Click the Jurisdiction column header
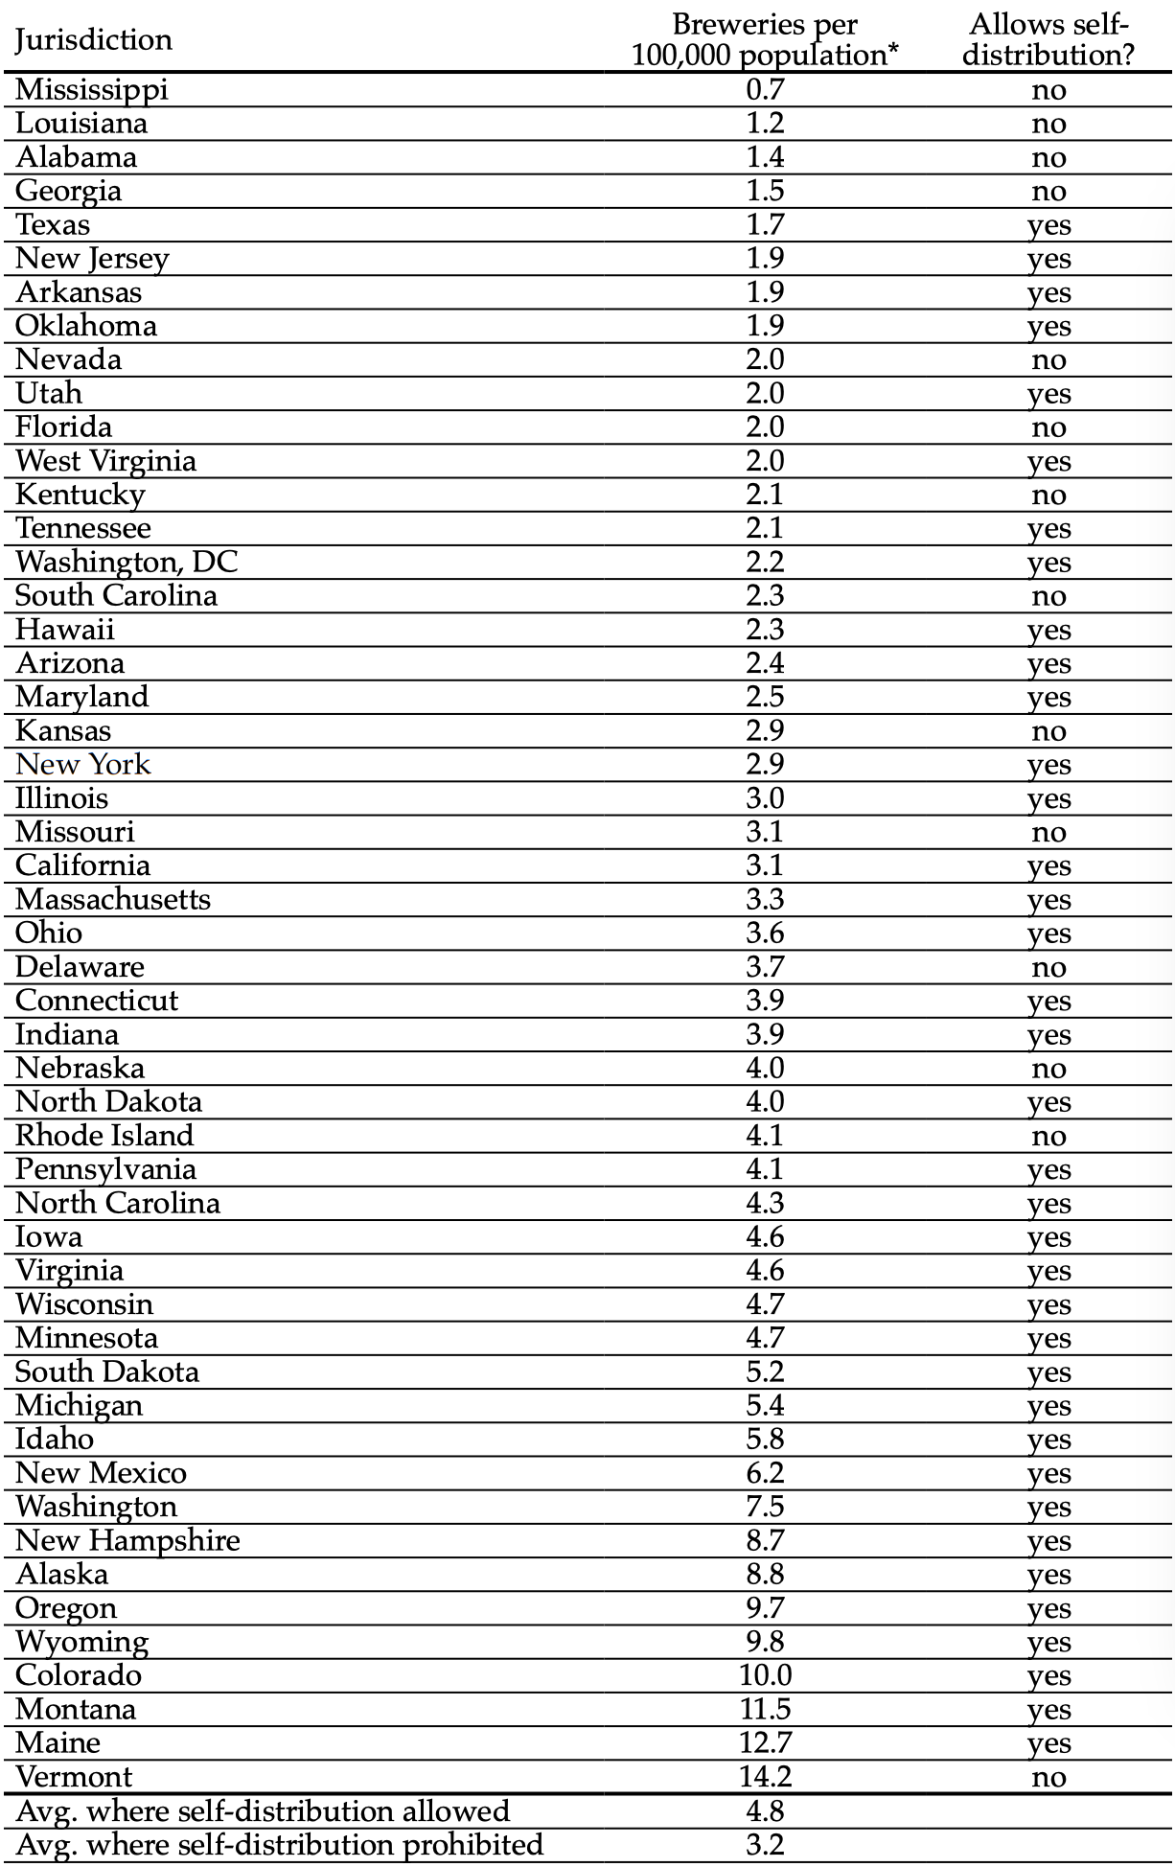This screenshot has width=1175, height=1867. [94, 40]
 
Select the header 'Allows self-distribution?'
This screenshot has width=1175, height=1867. [1048, 39]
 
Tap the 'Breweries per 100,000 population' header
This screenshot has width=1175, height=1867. [765, 39]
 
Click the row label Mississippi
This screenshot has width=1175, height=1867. [92, 90]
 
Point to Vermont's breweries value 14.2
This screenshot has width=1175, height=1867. [765, 1777]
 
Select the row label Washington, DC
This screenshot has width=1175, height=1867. [127, 562]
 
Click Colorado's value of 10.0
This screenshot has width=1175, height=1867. [765, 1675]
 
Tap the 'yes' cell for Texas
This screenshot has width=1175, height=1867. [1048, 226]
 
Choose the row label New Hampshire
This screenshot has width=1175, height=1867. [127, 1540]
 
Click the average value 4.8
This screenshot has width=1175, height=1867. [765, 1810]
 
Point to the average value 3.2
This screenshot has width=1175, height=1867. [765, 1844]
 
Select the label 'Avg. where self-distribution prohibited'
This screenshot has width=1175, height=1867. [280, 1844]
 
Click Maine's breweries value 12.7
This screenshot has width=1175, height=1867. [765, 1742]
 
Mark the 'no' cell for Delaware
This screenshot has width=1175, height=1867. [1048, 968]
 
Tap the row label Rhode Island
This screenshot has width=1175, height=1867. [104, 1136]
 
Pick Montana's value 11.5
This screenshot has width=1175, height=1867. [765, 1709]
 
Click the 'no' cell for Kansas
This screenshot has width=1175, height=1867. [1048, 732]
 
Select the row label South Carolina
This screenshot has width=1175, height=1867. [116, 595]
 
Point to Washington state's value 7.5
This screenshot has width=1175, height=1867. [765, 1507]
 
